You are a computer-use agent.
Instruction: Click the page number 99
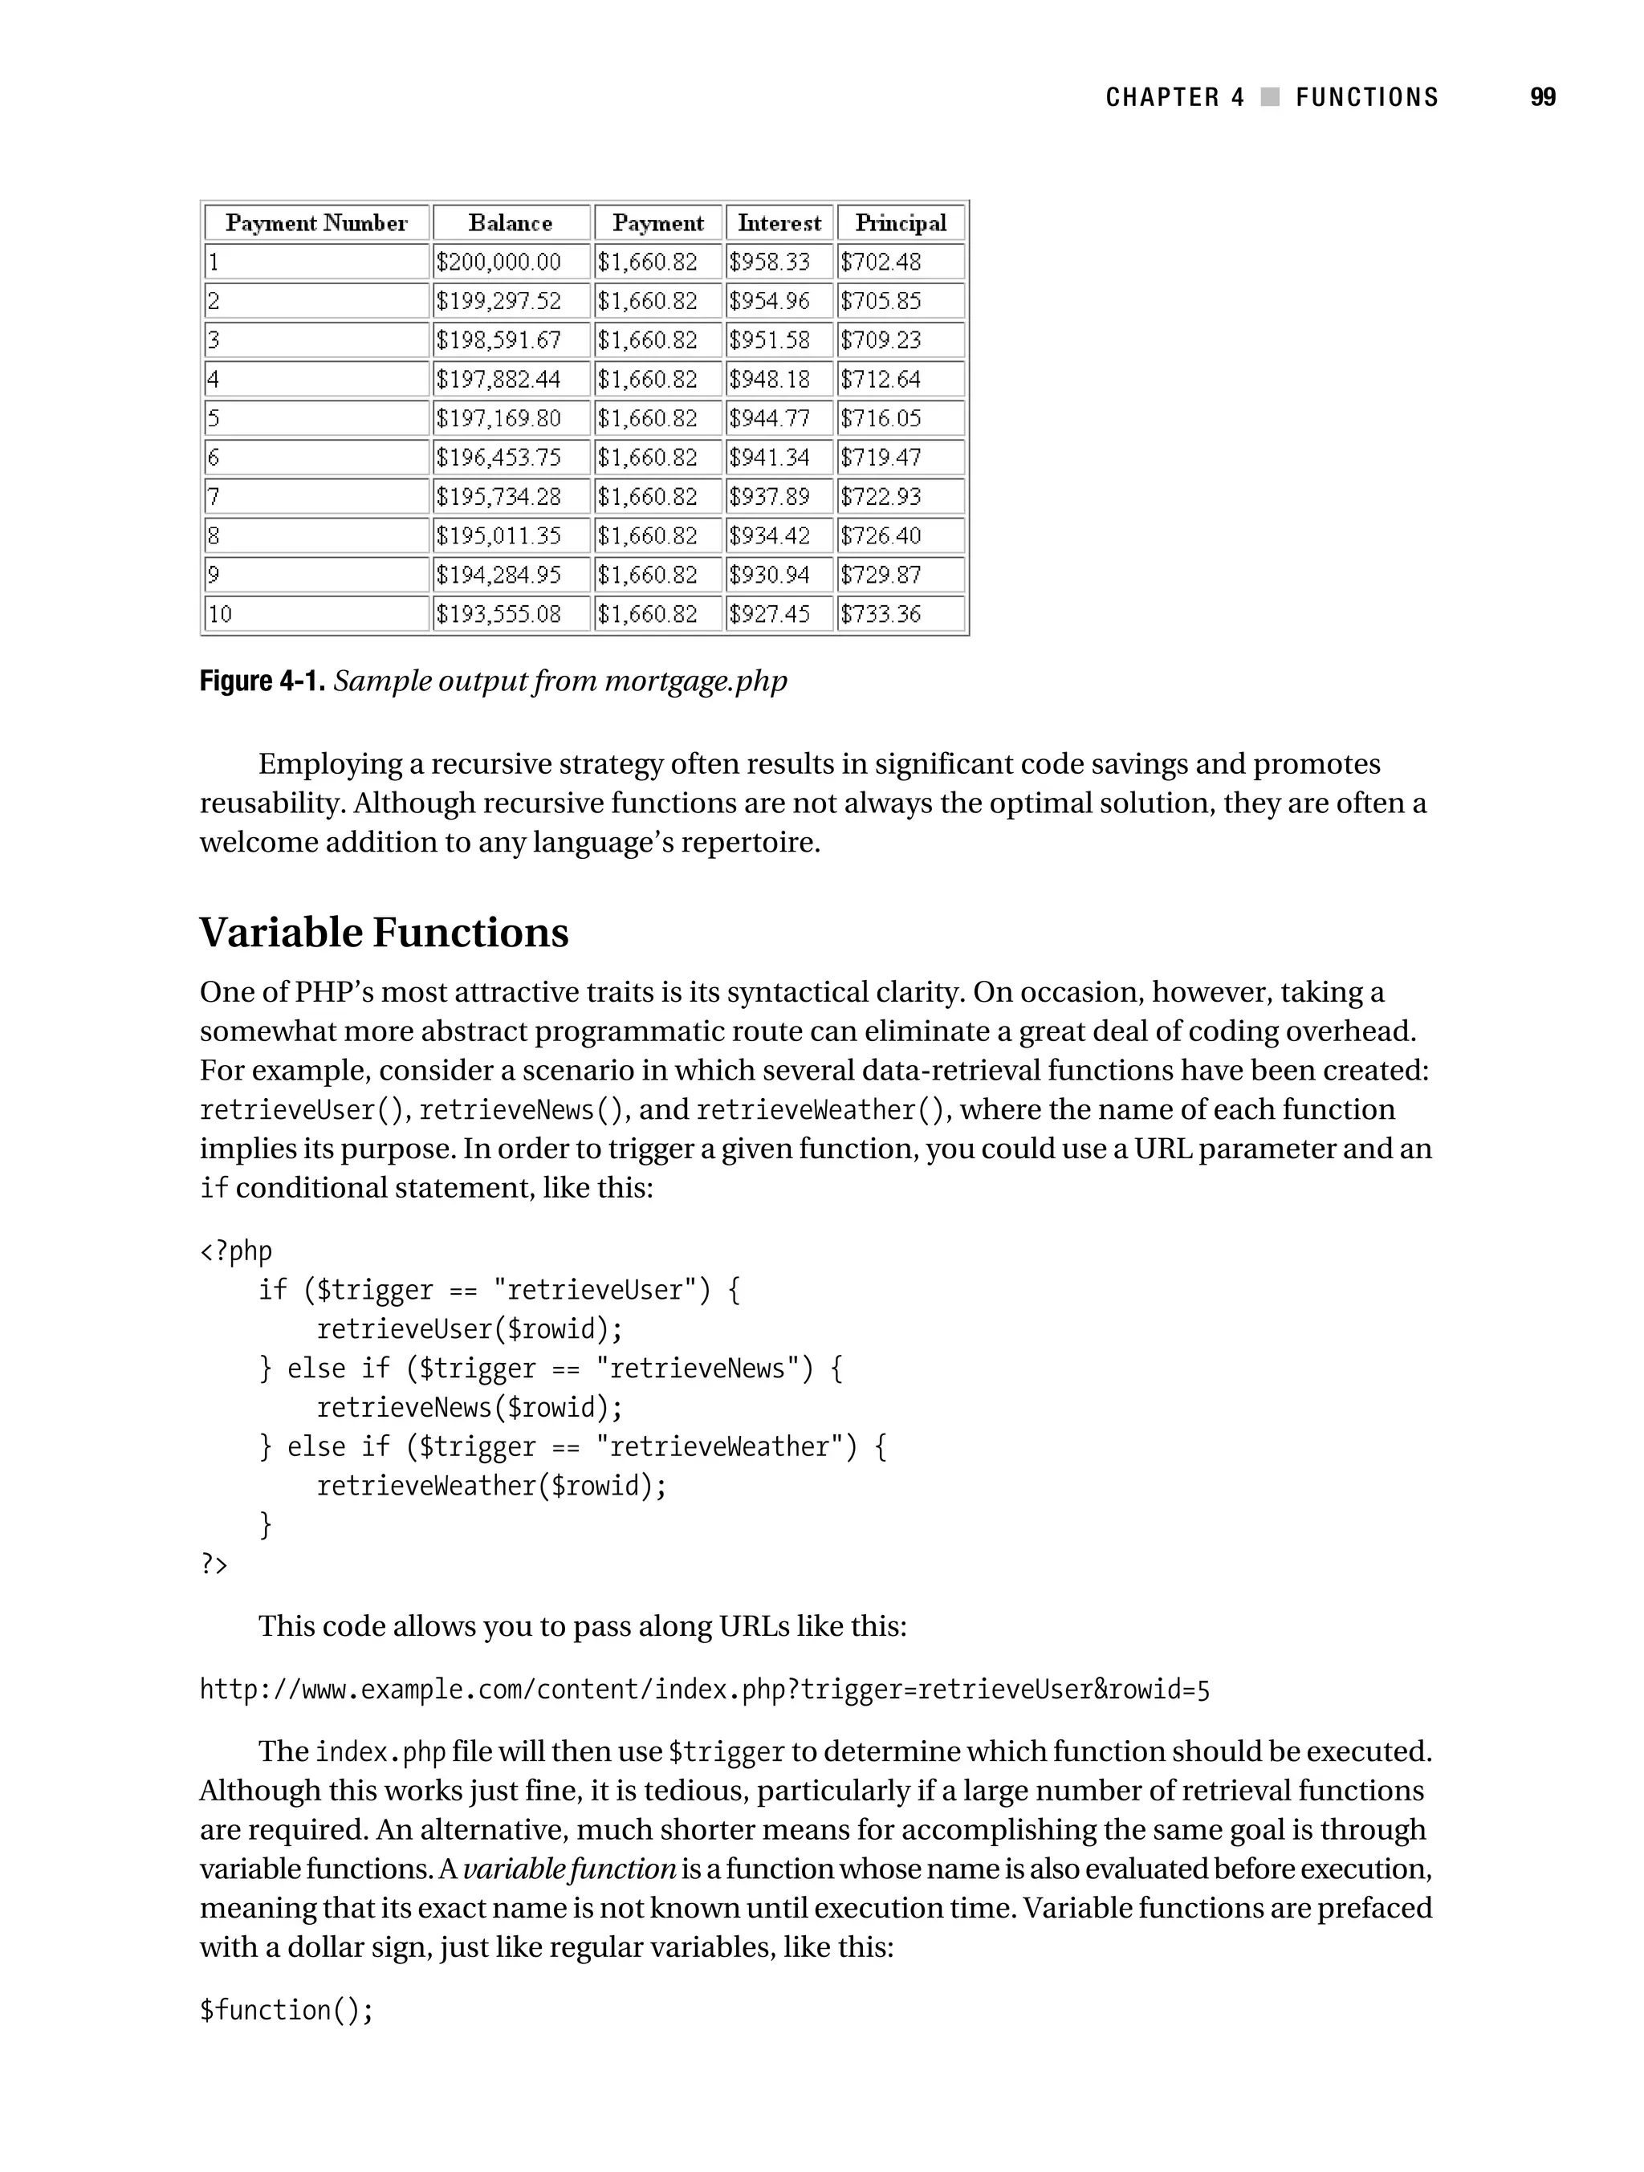[1542, 97]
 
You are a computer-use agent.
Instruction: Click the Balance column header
[510, 223]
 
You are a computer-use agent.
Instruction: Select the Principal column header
[900, 223]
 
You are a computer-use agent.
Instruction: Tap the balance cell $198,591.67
[498, 340]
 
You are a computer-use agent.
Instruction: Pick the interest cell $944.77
[769, 418]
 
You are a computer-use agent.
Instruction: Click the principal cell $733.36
[880, 614]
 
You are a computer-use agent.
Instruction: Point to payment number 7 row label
[213, 497]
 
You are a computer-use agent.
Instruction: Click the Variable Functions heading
[384, 933]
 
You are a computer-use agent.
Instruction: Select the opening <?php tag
[236, 1251]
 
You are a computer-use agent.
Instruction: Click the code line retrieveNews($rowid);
[470, 1407]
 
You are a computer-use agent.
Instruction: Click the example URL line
[704, 1689]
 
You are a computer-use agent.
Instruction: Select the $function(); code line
[286, 2010]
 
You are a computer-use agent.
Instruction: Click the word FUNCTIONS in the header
[1366, 97]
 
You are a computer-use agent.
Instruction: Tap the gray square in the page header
[1270, 97]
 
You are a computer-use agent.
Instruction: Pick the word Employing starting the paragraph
[330, 764]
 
